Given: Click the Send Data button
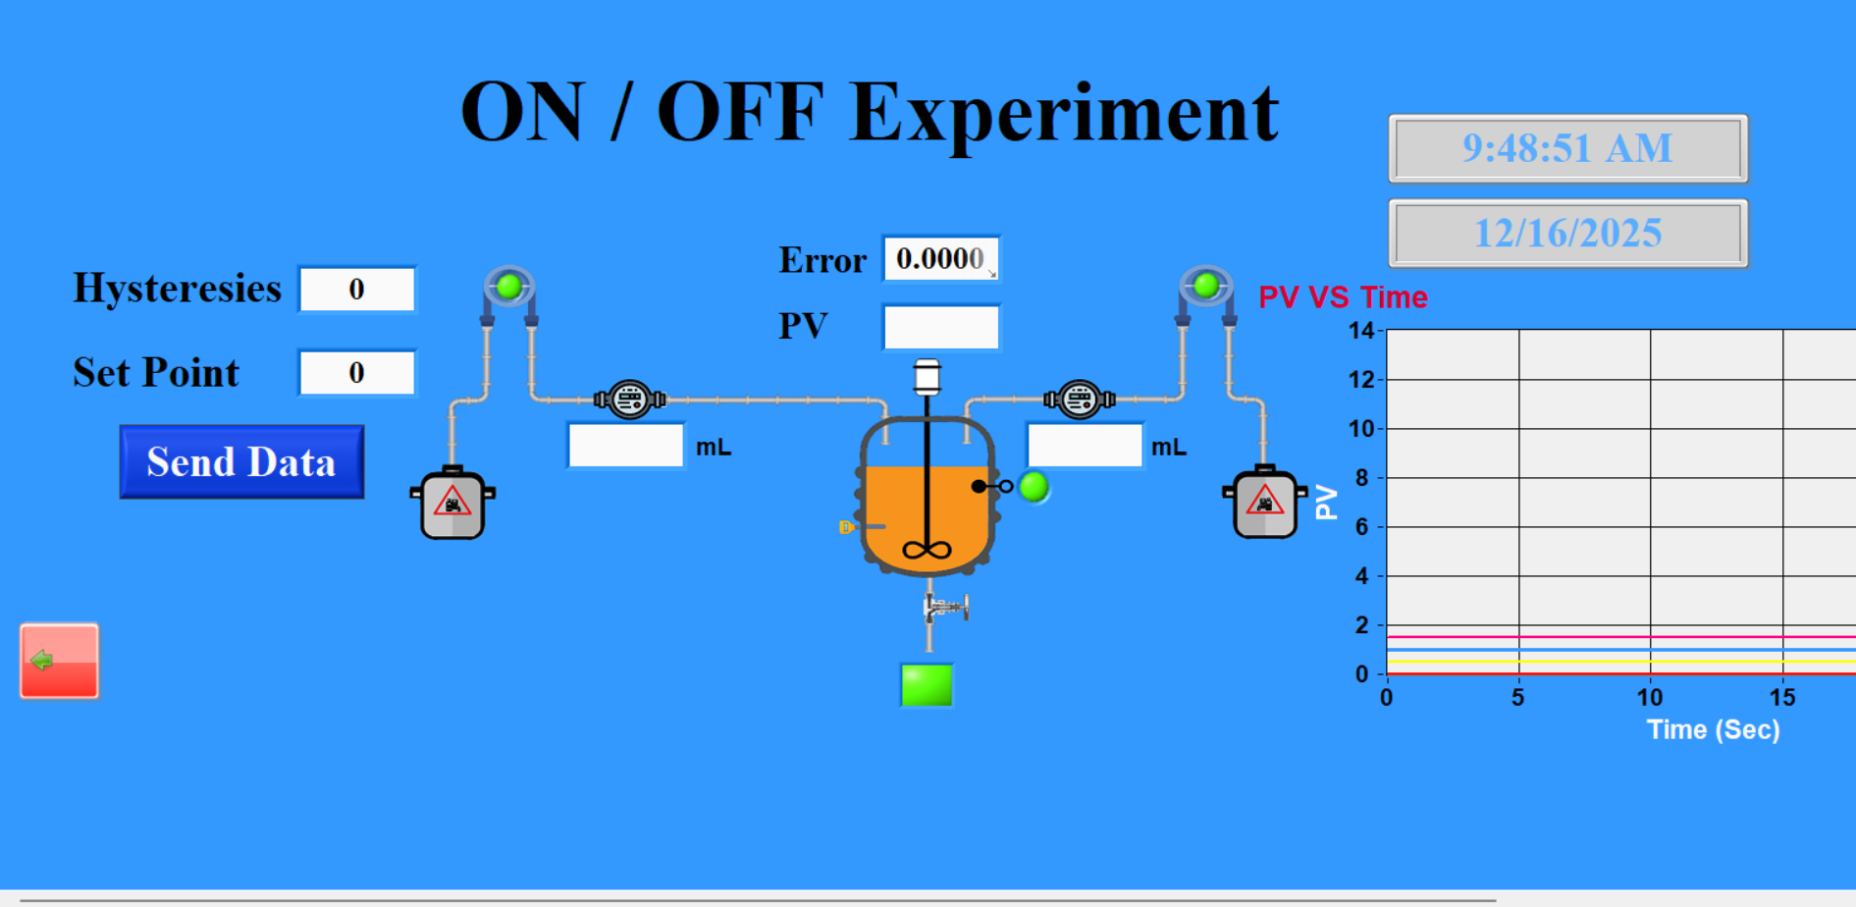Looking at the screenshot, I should coord(241,461).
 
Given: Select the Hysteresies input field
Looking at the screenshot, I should coord(356,290).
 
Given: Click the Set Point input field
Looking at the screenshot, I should coord(356,373).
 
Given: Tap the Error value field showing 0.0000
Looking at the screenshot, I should coord(939,258).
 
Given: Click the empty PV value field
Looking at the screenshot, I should coord(940,327).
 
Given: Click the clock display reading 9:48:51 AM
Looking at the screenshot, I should coord(1566,148).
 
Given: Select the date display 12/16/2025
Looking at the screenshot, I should coord(1566,234).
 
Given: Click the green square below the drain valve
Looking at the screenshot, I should coord(926,685).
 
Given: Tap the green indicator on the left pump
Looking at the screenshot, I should coord(508,287).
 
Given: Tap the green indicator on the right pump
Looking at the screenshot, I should coord(1205,286).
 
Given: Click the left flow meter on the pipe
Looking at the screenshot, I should coord(629,400).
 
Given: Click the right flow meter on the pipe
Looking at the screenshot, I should coord(1079,400).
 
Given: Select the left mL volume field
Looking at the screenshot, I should coord(625,446).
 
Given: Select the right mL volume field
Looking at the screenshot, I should coord(1084,446).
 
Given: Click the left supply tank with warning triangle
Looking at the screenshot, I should coord(452,505).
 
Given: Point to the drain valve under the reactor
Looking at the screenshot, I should coord(944,608).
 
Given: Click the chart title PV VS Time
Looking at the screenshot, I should coord(1342,297).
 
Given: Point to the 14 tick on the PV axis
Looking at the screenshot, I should coord(1360,331).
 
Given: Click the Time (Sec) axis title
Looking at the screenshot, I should coord(1712,729).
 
